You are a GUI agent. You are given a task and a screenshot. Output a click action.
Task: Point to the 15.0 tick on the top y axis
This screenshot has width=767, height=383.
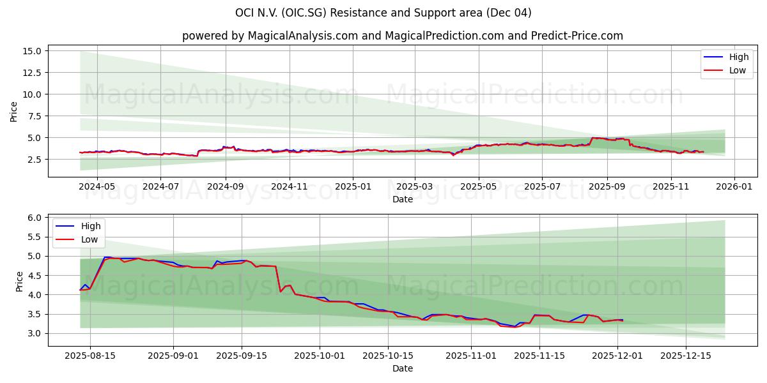coord(31,51)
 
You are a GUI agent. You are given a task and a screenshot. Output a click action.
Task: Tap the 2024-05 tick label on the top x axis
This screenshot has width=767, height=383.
coord(97,188)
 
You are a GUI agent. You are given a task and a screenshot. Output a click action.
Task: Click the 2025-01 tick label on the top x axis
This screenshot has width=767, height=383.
coord(353,188)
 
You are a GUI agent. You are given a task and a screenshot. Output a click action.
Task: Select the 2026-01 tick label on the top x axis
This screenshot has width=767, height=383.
coord(734,188)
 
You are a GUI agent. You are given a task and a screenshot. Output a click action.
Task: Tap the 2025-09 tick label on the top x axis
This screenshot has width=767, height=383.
coord(607,188)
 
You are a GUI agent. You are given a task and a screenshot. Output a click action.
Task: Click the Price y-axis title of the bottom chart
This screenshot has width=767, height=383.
coord(19,281)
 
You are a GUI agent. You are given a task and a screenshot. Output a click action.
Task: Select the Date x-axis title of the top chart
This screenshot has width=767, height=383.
coord(402,199)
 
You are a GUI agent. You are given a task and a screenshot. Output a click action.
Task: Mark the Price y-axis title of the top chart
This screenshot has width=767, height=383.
coord(14,111)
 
